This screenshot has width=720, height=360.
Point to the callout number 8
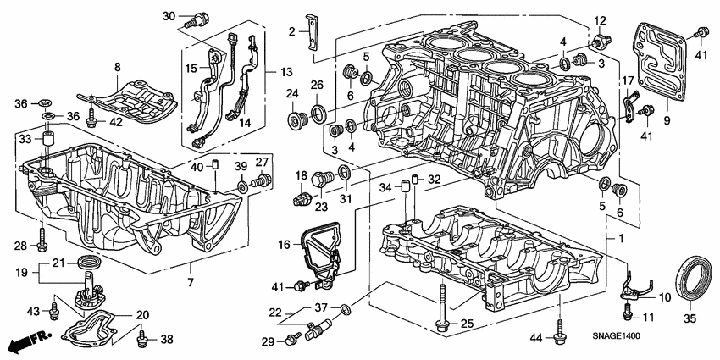click(x=117, y=66)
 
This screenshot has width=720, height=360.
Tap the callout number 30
click(x=168, y=16)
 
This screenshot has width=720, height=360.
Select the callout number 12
click(x=600, y=20)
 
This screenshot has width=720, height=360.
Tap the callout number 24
click(x=291, y=92)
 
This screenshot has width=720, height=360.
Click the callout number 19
click(x=22, y=273)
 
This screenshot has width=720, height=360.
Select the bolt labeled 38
click(x=143, y=338)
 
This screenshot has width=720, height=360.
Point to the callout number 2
click(x=291, y=32)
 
